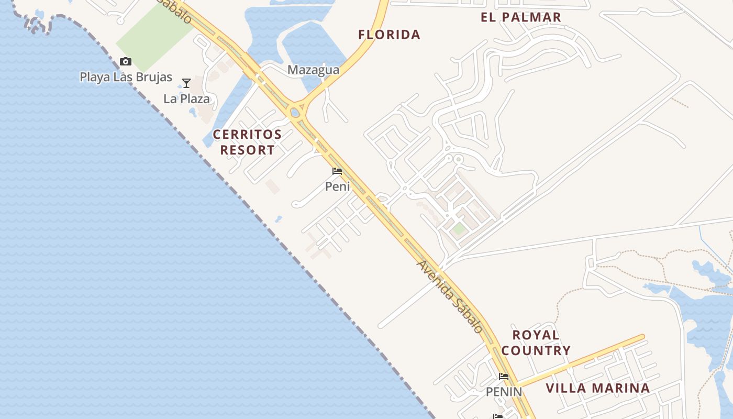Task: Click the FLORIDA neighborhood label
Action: [x=389, y=35]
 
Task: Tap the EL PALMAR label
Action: [x=520, y=17]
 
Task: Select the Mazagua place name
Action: [x=313, y=70]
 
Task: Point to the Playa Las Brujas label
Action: [x=126, y=77]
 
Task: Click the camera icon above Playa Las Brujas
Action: [x=126, y=62]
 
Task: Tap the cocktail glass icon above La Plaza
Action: [x=186, y=83]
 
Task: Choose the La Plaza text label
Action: [x=186, y=98]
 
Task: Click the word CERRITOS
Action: [x=247, y=135]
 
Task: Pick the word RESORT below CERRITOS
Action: [x=247, y=150]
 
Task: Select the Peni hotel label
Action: [x=337, y=186]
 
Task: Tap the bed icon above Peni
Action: [x=337, y=171]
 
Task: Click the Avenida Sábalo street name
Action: [x=449, y=296]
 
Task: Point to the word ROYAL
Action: [x=536, y=335]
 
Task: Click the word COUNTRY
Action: [x=536, y=350]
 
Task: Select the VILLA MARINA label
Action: [x=597, y=388]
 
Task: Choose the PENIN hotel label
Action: [x=504, y=392]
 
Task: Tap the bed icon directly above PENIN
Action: [x=504, y=377]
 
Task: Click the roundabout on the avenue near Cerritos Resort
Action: [x=295, y=111]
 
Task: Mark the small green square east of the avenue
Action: [x=459, y=229]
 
